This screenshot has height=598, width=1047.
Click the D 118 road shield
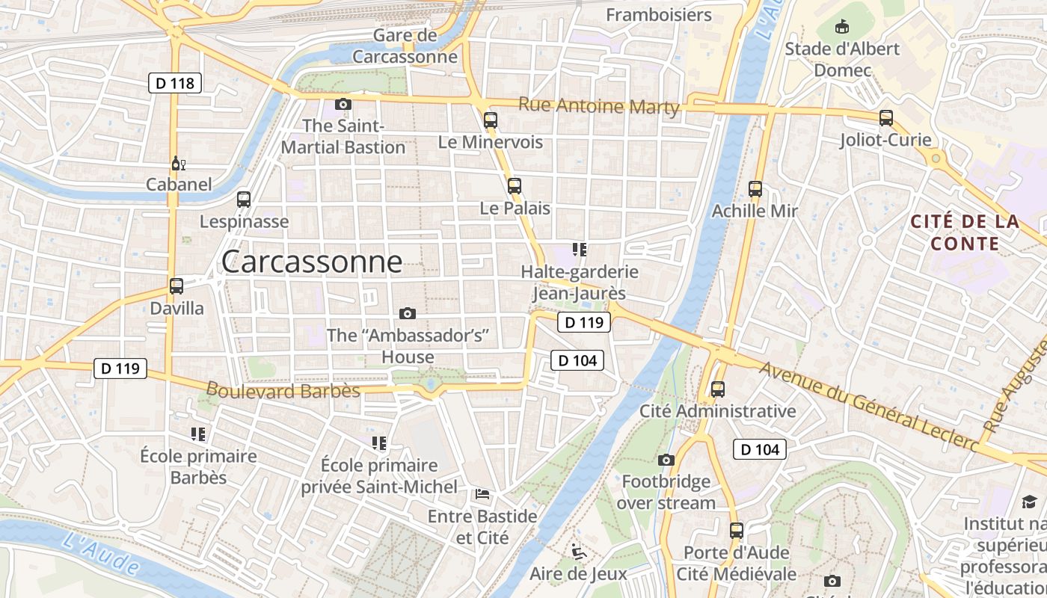(176, 83)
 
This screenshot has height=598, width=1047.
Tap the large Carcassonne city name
(312, 262)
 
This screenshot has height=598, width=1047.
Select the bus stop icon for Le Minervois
(491, 120)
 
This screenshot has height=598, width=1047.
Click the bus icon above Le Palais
(515, 186)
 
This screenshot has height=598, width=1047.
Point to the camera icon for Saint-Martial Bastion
(343, 104)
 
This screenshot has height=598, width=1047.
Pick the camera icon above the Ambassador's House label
(408, 313)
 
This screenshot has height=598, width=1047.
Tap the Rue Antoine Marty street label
(599, 106)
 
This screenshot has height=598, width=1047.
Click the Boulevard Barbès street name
(283, 390)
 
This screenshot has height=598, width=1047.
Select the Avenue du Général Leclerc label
(868, 405)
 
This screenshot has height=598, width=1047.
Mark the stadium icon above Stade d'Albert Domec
(843, 27)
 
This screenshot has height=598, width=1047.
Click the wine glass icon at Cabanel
(178, 163)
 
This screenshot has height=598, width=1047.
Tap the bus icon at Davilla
(176, 286)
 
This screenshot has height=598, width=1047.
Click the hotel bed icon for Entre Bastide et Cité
(482, 494)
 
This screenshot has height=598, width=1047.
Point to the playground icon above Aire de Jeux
(577, 552)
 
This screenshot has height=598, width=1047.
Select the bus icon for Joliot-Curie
(886, 118)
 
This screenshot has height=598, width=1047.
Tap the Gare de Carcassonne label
(405, 46)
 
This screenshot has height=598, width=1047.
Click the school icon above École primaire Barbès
(198, 434)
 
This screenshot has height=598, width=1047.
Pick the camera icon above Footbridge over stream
(666, 460)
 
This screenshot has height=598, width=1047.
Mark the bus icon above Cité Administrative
(718, 389)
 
